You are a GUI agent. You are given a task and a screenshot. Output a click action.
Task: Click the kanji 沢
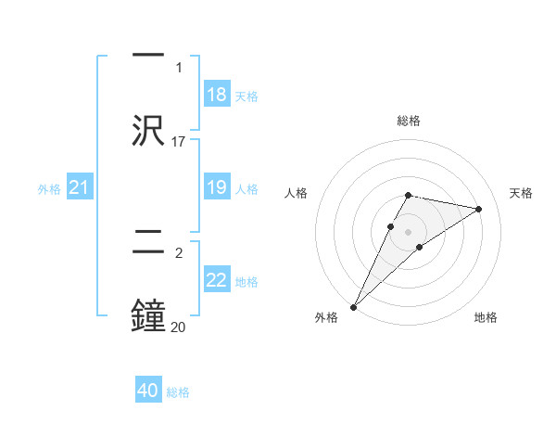point(148,131)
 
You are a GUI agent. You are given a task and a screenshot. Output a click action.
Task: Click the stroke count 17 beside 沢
point(179,141)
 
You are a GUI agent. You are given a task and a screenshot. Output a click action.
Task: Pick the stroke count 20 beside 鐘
point(179,327)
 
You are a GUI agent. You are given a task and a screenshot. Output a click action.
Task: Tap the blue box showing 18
point(217,95)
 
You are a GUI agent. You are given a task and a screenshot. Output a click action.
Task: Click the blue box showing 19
point(217,187)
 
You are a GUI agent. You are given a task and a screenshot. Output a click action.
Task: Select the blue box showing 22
point(217,280)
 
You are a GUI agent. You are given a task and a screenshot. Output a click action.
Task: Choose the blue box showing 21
point(80,188)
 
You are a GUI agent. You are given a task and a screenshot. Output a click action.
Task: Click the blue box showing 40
point(148,391)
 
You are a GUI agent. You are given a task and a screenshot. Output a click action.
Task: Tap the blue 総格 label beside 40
point(178,392)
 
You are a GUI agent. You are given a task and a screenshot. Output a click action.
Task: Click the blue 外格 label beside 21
point(49,189)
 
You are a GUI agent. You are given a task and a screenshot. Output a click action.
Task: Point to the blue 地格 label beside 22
point(246,281)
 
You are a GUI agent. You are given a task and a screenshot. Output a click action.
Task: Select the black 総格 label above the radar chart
point(409,121)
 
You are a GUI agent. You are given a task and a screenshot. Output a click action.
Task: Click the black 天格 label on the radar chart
point(521,193)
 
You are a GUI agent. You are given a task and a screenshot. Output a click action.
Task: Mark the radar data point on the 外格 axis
point(354,307)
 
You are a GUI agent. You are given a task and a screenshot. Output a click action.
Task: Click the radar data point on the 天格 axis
point(479,209)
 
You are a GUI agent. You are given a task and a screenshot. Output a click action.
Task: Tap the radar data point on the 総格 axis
point(409,195)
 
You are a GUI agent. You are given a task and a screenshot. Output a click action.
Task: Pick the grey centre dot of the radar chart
point(409,232)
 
